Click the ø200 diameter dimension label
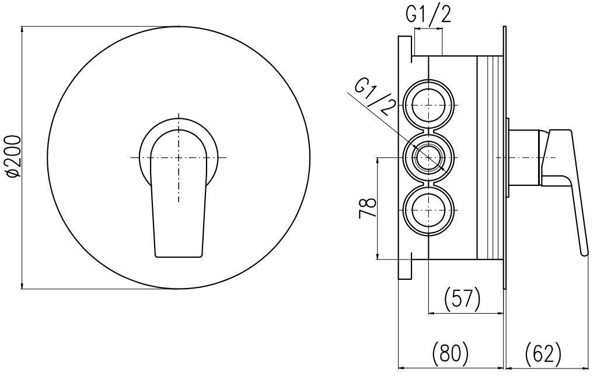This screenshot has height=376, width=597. [13, 156]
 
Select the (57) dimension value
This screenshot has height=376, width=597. [462, 298]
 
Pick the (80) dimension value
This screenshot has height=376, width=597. [451, 352]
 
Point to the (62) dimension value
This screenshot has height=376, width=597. [543, 352]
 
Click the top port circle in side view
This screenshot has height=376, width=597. [429, 104]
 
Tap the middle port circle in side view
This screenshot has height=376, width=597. [429, 157]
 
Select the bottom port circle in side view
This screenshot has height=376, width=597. [429, 210]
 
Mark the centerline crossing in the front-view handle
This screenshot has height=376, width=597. [179, 157]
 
